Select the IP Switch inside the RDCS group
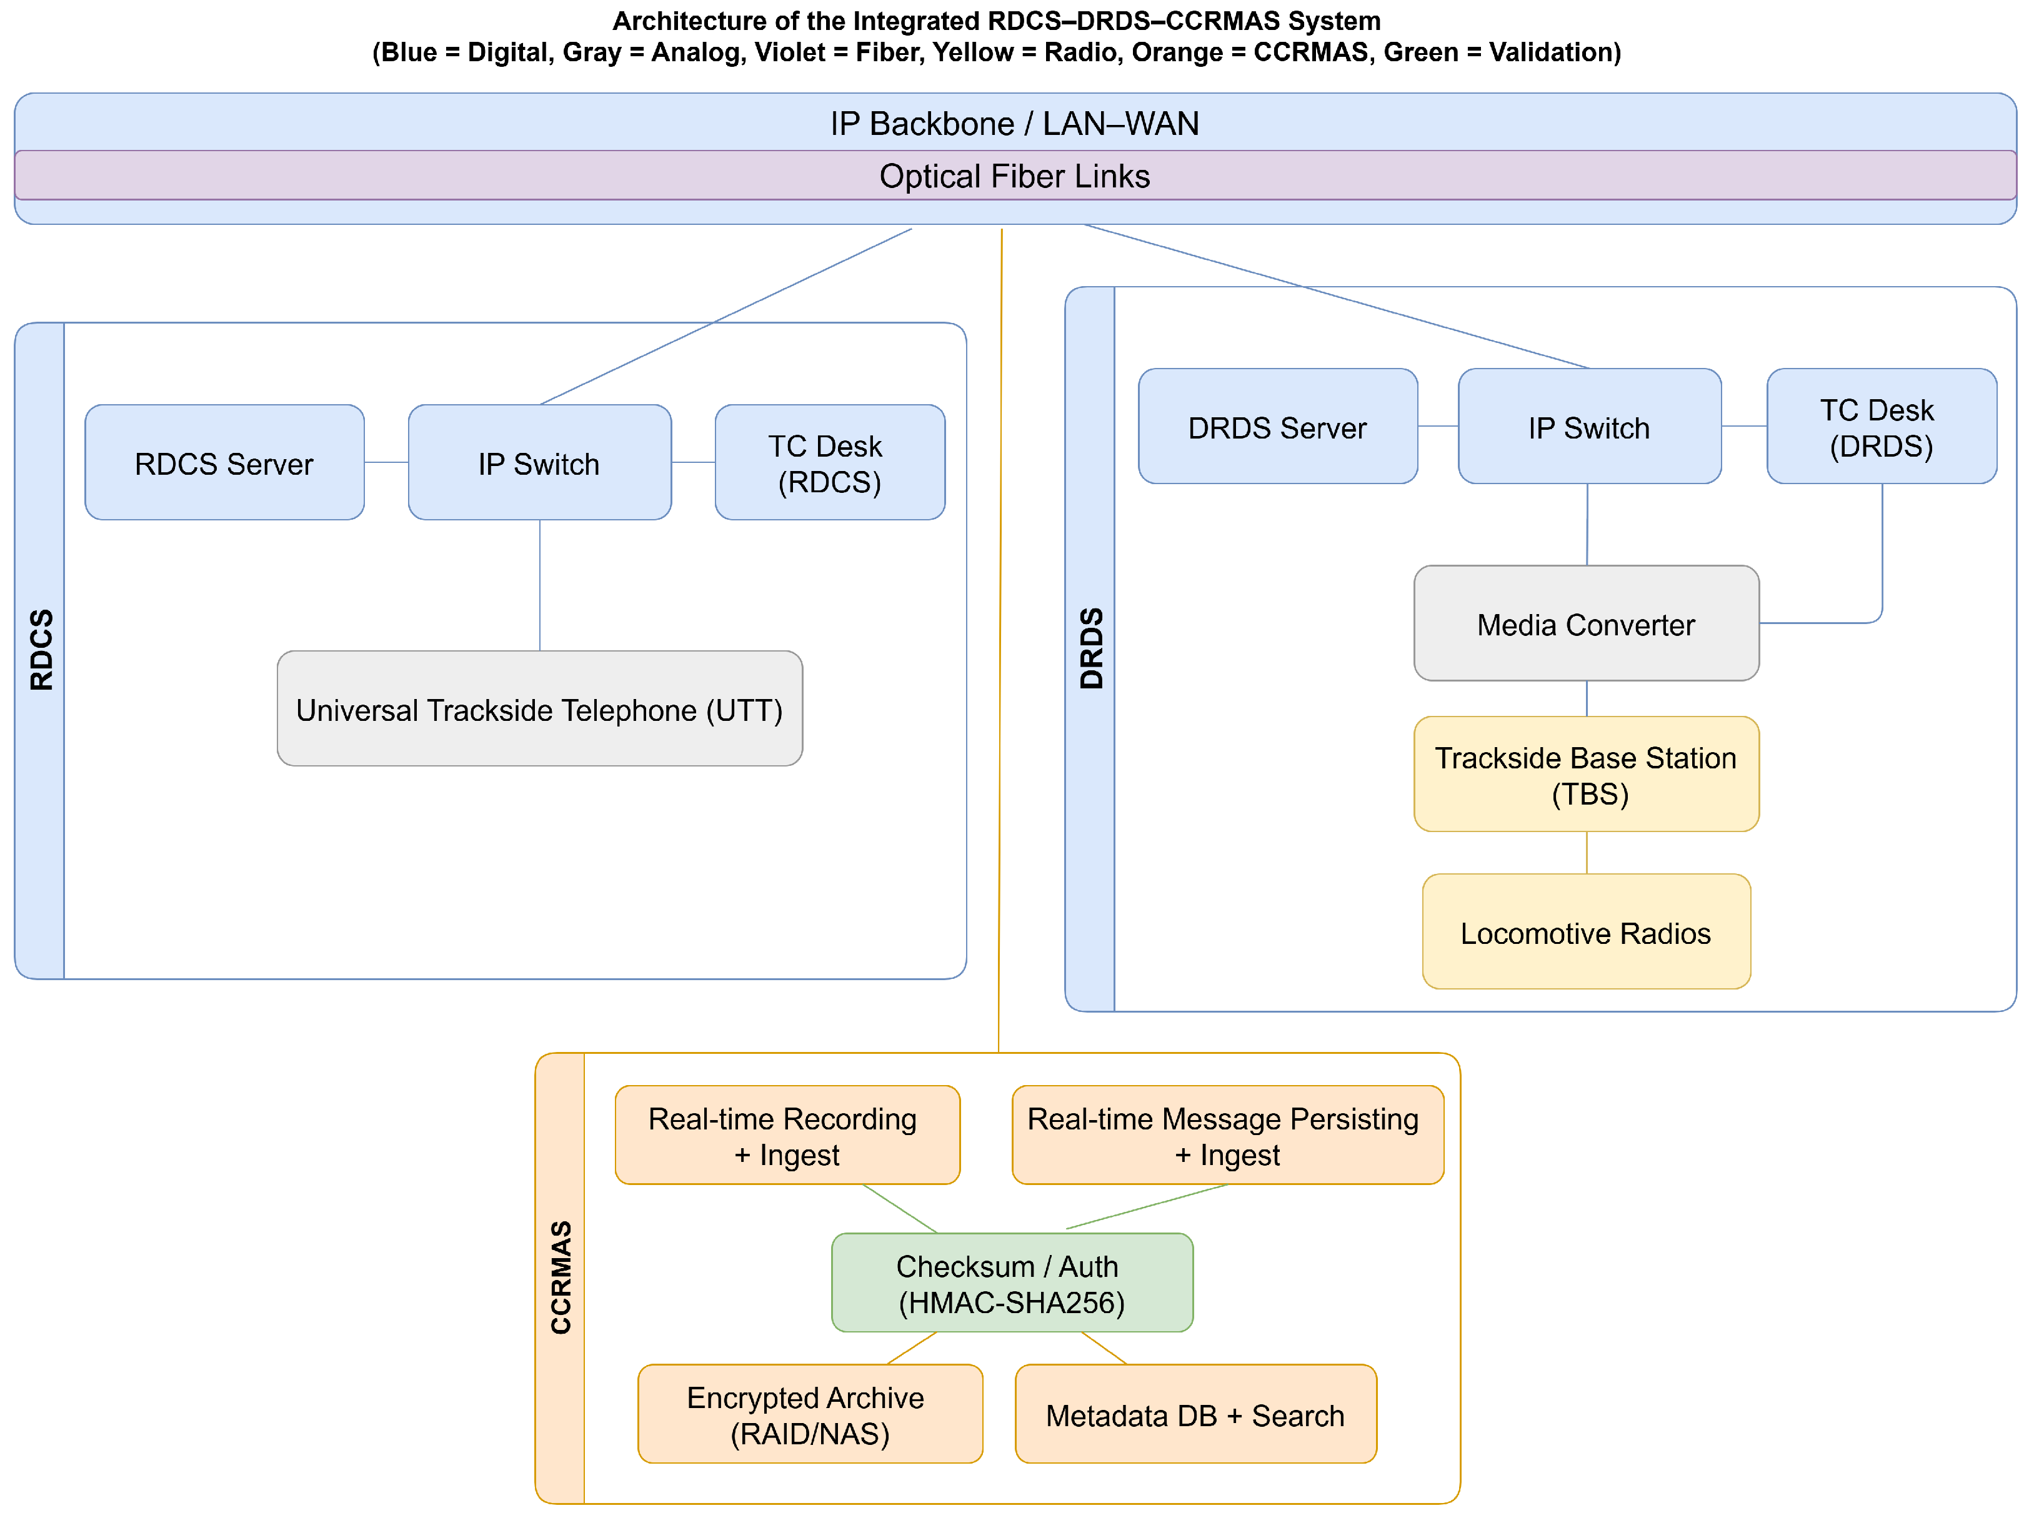(539, 462)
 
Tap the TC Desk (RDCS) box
(829, 462)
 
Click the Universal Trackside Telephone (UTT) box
(539, 709)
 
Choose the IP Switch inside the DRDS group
(1588, 427)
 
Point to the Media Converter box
(1585, 623)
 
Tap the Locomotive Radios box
(1585, 932)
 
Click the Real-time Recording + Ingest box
(787, 1136)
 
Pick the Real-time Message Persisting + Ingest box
(1227, 1136)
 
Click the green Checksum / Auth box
(1011, 1282)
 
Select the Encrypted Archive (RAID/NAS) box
(809, 1414)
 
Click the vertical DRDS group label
(1090, 648)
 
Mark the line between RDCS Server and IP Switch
(386, 462)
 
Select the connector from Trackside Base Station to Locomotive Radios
(1586, 853)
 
